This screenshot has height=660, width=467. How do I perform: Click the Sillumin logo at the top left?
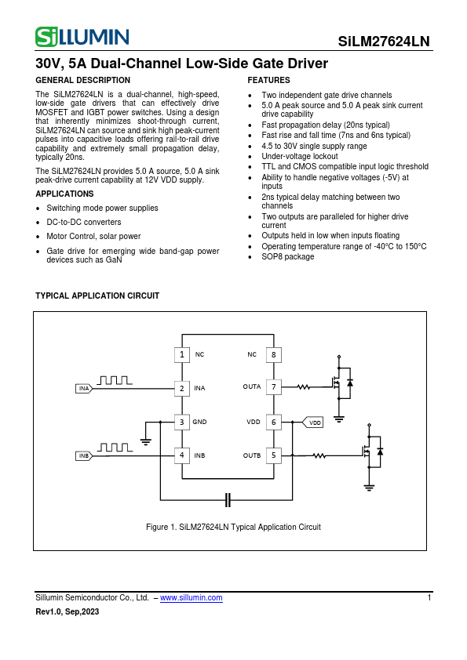(x=82, y=36)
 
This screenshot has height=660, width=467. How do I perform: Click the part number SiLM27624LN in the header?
(x=384, y=42)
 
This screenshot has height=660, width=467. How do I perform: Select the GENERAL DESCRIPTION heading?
(x=83, y=81)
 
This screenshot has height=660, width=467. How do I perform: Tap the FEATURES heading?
(x=268, y=81)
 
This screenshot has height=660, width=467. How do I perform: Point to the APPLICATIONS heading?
(x=65, y=194)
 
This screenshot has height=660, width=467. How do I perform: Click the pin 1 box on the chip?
(x=181, y=354)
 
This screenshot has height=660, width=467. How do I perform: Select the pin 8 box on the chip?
(x=273, y=354)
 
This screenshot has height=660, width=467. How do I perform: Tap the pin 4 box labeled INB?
(x=181, y=455)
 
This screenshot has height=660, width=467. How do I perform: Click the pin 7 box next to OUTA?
(x=273, y=386)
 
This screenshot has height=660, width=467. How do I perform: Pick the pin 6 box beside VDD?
(x=273, y=422)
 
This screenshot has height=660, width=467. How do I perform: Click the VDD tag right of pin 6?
(x=313, y=422)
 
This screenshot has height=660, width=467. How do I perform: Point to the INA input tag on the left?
(x=85, y=388)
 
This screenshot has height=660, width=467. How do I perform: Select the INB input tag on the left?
(x=85, y=455)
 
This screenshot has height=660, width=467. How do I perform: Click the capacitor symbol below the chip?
(x=228, y=499)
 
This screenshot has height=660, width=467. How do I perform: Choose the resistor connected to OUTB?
(x=319, y=455)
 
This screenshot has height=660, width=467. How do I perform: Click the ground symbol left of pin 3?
(x=145, y=441)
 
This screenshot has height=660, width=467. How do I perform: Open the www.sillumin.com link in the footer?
(x=191, y=597)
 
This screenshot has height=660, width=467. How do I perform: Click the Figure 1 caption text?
(x=233, y=527)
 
